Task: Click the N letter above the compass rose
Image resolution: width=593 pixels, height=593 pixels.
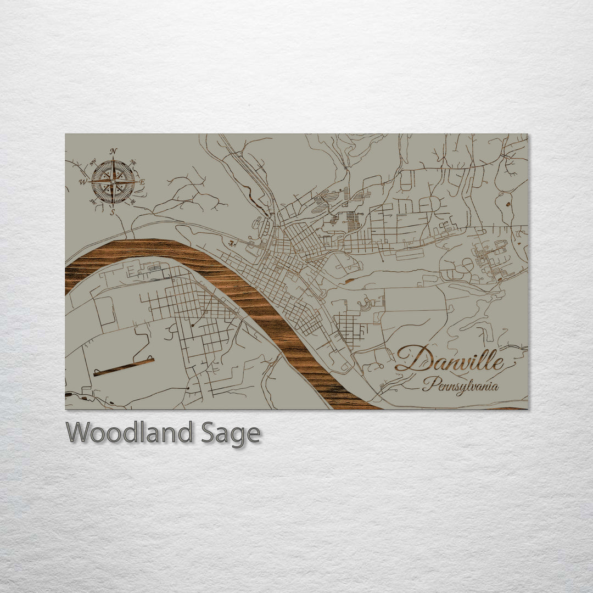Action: click(113, 151)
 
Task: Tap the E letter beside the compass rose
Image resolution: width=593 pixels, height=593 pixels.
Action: click(142, 182)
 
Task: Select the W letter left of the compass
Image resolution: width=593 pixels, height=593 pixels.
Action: click(83, 182)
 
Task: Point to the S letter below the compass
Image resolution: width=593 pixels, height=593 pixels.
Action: click(113, 212)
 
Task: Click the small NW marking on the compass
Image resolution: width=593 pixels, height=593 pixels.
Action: click(92, 161)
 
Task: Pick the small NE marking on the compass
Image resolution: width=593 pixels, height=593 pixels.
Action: click(133, 163)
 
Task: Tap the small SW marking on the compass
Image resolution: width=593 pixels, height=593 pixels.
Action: click(92, 202)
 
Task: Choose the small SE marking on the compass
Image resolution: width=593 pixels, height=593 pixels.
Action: click(133, 202)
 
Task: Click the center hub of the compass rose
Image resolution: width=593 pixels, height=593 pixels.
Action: click(113, 181)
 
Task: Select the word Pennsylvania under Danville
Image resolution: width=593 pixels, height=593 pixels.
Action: click(460, 385)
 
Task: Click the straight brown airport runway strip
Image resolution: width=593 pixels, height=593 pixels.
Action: click(124, 367)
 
